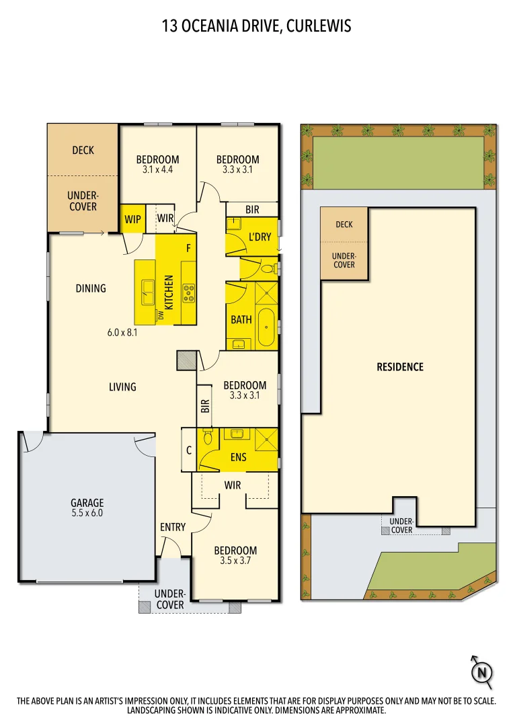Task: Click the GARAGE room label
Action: (x=87, y=502)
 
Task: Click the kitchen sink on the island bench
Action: (x=147, y=290)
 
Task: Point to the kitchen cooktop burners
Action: (x=189, y=292)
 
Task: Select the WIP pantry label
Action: (x=132, y=218)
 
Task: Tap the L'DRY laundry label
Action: (x=260, y=237)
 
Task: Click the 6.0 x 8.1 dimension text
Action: (x=122, y=331)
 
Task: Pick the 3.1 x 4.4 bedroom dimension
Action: (x=157, y=170)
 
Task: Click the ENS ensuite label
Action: (x=238, y=458)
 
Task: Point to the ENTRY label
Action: (x=172, y=527)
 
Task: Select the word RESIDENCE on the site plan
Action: (x=400, y=367)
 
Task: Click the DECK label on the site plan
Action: (x=344, y=225)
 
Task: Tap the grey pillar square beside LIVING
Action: (x=186, y=360)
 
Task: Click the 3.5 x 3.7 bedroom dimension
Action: (x=235, y=560)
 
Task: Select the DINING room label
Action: (x=91, y=288)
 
